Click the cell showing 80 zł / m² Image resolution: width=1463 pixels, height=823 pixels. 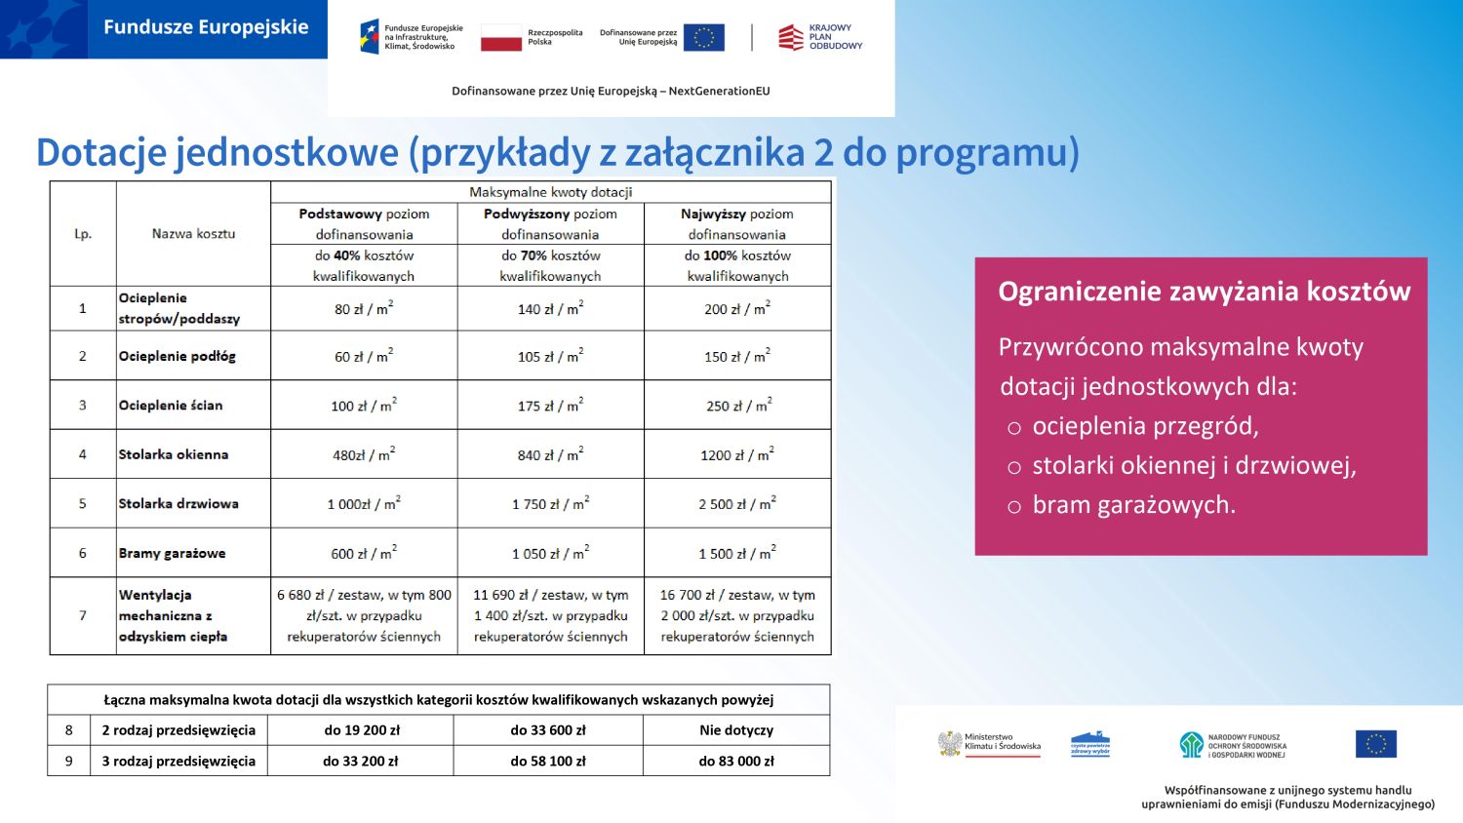coord(364,308)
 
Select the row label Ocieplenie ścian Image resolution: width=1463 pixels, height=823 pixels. coord(171,405)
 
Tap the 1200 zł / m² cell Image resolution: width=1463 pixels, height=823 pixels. coord(736,454)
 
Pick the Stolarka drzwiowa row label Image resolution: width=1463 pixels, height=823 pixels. coord(178,503)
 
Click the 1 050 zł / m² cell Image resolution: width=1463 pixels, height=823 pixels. coord(550,553)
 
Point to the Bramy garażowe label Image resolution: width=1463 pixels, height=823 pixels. coord(172,553)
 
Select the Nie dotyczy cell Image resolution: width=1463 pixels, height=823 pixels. coord(736,729)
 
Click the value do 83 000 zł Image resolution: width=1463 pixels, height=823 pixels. coord(736,761)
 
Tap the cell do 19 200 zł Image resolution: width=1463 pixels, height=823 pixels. coord(362,729)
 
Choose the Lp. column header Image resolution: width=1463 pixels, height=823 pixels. coord(83,234)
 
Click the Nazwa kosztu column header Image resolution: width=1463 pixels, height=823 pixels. coord(193,234)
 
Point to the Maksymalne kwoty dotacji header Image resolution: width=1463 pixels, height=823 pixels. coord(550,192)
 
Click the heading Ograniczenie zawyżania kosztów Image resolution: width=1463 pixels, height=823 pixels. coord(1205,292)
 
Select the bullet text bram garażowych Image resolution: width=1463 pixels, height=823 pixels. coord(1133,505)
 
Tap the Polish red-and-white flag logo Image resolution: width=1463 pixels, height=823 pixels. coord(501,38)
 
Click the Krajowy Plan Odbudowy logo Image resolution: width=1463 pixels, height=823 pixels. coord(820,37)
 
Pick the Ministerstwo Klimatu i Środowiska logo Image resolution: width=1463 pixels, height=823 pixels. coord(989,744)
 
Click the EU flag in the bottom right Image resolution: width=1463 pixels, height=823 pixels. coord(1375,744)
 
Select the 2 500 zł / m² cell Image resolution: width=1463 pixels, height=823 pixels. coord(736,504)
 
